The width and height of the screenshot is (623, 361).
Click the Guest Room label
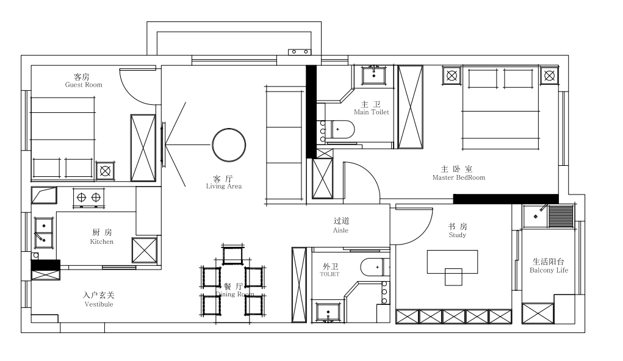(84, 85)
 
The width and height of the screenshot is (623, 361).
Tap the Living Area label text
(224, 186)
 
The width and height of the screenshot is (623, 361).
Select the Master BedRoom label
(459, 177)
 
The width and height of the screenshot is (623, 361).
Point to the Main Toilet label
(372, 112)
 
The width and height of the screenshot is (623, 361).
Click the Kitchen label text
(102, 241)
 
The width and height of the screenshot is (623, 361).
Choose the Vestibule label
(99, 304)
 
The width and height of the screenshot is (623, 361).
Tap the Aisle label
(340, 231)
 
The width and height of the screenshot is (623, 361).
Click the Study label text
(457, 235)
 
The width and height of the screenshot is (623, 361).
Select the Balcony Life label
(549, 271)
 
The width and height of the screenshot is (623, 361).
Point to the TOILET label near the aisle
(330, 274)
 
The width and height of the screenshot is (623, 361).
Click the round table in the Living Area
(229, 145)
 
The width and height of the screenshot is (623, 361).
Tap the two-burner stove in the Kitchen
(88, 198)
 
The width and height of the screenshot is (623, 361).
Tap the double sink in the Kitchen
(43, 232)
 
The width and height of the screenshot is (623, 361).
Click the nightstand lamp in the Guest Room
(106, 171)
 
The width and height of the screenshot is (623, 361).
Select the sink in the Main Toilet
(373, 75)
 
